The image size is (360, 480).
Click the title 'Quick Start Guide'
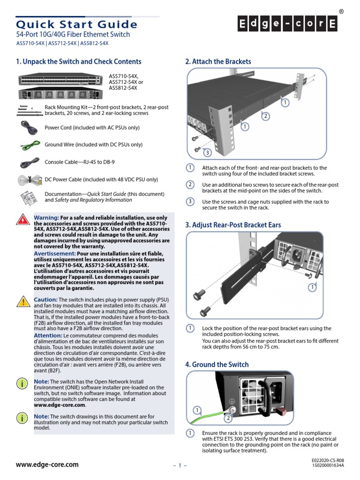[77, 24]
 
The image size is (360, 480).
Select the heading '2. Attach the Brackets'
[218, 61]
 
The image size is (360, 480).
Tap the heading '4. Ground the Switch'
[217, 364]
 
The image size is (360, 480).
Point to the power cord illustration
[29, 127]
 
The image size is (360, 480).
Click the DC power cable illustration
[30, 180]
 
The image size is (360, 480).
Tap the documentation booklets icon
[29, 197]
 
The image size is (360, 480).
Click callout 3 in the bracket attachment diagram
[207, 152]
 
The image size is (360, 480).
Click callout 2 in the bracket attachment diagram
[265, 116]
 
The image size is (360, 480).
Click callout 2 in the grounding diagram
[227, 418]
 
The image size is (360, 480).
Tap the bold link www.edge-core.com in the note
[60, 405]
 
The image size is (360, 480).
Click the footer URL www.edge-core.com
[47, 465]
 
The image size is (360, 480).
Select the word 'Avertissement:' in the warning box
[55, 253]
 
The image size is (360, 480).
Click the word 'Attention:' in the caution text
[48, 336]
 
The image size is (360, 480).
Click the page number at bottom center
[180, 465]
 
